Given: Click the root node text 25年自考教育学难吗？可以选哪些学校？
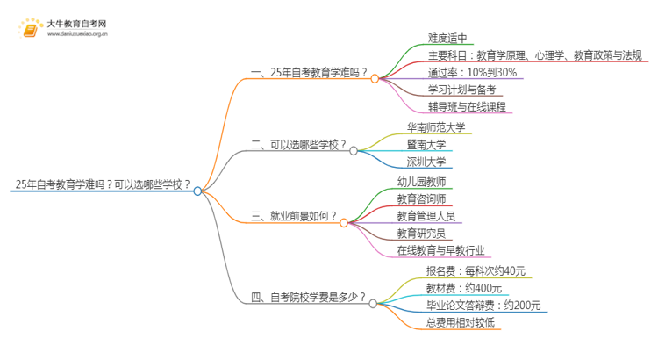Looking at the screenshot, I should click(x=102, y=184).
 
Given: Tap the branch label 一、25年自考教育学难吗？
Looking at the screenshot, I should click(x=308, y=75).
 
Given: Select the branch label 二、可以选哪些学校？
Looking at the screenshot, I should click(x=297, y=145).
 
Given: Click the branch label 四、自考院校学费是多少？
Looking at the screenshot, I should click(x=308, y=298).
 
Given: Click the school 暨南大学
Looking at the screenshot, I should click(x=426, y=145).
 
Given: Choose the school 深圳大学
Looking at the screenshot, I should click(x=426, y=162).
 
